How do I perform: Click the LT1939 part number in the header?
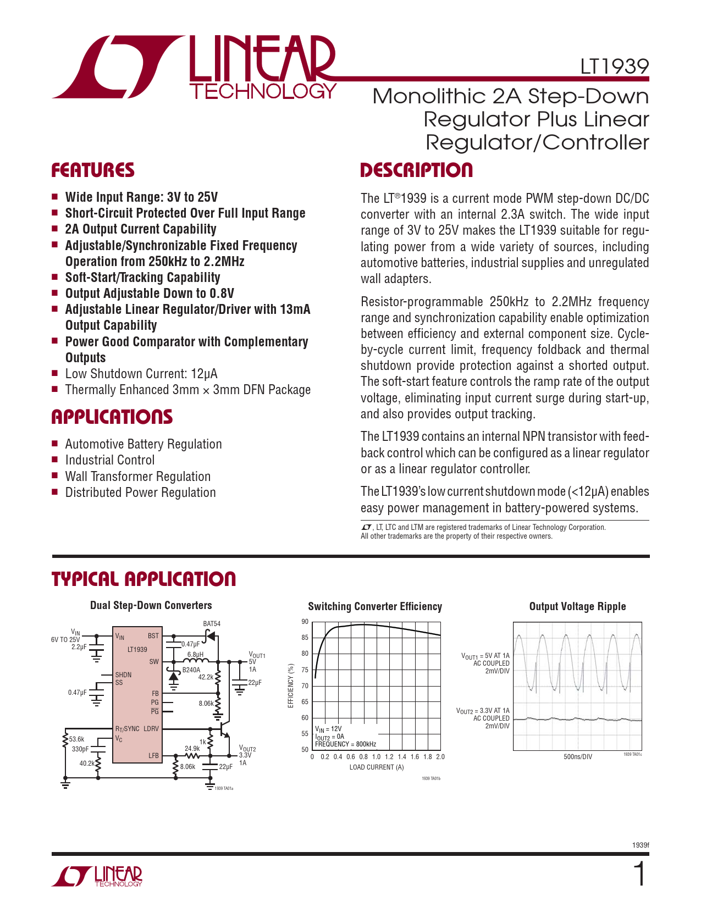click(615, 67)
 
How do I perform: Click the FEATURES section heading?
click(93, 170)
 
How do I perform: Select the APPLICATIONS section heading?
click(112, 417)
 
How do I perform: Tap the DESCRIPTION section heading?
click(416, 170)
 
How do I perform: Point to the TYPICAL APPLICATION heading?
click(143, 579)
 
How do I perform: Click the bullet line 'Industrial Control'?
click(110, 460)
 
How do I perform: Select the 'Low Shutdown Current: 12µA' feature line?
click(141, 374)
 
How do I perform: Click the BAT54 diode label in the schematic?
click(212, 624)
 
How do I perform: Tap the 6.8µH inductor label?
click(195, 655)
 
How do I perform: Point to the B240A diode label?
click(191, 670)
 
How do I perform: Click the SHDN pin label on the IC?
click(123, 674)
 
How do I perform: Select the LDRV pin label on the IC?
click(151, 729)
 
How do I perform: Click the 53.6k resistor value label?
click(76, 739)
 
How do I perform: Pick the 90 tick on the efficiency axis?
click(305, 622)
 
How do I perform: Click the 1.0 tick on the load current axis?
click(376, 757)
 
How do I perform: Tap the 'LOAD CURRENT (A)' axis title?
click(376, 767)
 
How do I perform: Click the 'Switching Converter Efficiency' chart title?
click(375, 606)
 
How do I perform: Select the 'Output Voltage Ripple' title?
click(577, 606)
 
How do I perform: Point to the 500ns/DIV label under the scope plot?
click(578, 757)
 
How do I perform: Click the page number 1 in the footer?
click(639, 875)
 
